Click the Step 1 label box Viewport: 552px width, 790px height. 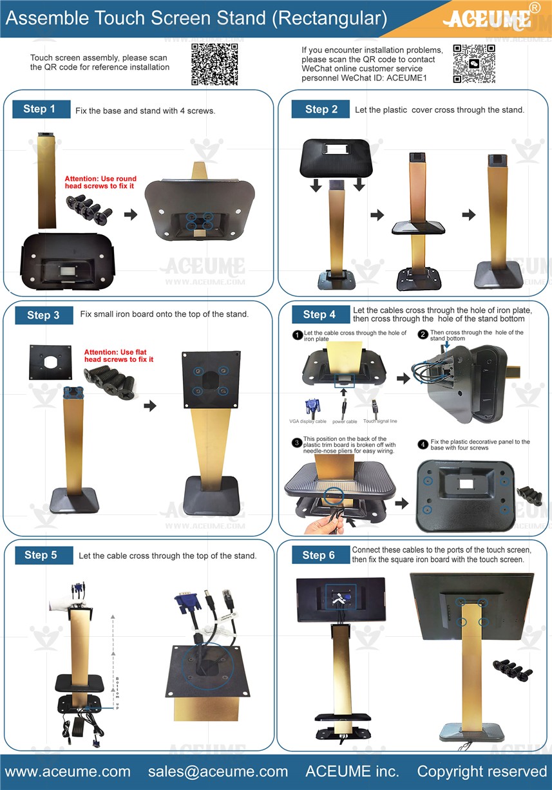pyautogui.click(x=41, y=109)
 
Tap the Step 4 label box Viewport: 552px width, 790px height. pyautogui.click(x=321, y=314)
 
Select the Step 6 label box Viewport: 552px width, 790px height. pyautogui.click(x=321, y=555)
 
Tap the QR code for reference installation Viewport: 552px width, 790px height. pyautogui.click(x=214, y=64)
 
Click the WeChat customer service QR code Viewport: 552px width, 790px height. pyautogui.click(x=474, y=64)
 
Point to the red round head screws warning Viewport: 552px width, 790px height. pyautogui.click(x=100, y=182)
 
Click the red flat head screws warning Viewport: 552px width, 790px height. pyautogui.click(x=119, y=355)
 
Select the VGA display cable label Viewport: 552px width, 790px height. pyautogui.click(x=308, y=421)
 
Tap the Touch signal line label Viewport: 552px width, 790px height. pyautogui.click(x=380, y=420)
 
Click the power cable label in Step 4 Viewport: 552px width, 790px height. pyautogui.click(x=345, y=422)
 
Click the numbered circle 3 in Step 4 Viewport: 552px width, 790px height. pyautogui.click(x=297, y=442)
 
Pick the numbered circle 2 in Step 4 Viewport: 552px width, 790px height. pyautogui.click(x=423, y=334)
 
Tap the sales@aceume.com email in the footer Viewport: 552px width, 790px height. pyautogui.click(x=218, y=771)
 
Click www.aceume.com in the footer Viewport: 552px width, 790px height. pyautogui.click(x=68, y=771)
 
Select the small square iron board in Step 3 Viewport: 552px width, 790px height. pyautogui.click(x=51, y=362)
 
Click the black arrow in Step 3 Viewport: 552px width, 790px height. pyautogui.click(x=150, y=406)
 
